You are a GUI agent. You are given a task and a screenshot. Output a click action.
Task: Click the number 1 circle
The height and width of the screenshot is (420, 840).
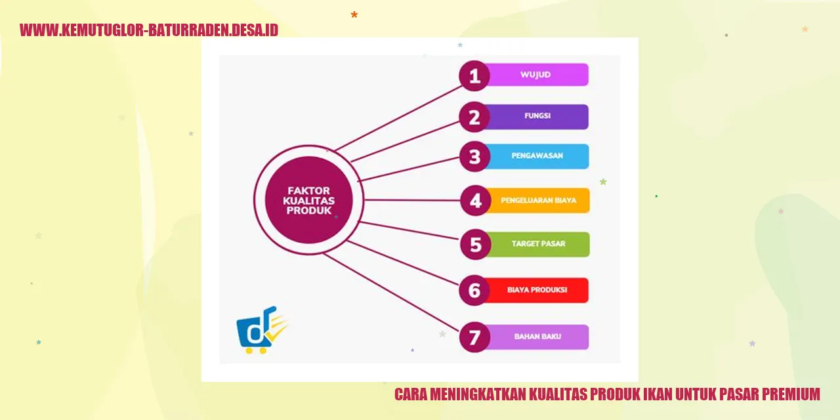[474, 75]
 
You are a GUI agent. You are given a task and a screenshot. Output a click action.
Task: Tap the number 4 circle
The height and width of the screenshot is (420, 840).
[476, 201]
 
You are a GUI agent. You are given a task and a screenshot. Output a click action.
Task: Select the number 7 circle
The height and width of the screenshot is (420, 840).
[474, 337]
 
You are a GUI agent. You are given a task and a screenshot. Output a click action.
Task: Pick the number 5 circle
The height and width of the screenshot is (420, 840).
[476, 245]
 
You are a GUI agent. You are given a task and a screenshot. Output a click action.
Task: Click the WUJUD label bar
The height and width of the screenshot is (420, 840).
[536, 75]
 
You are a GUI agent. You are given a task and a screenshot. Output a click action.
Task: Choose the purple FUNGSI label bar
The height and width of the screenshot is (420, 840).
[537, 117]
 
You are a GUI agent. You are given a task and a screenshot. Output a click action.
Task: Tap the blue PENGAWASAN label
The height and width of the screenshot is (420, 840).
[537, 157]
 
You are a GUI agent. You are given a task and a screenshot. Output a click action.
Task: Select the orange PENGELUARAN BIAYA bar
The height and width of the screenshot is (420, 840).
[538, 201]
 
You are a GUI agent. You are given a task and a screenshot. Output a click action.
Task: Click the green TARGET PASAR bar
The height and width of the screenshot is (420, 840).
[538, 244]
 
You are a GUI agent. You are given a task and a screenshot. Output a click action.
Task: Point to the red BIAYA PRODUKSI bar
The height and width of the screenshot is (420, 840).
[537, 290]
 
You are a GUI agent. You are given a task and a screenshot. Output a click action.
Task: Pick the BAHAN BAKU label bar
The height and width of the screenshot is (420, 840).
[537, 337]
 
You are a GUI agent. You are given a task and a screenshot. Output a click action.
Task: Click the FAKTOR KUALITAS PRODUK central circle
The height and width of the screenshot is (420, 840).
[308, 200]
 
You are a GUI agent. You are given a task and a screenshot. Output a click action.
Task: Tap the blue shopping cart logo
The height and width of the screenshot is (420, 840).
[260, 330]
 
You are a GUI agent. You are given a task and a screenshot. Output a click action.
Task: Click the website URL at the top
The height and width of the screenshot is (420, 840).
[149, 30]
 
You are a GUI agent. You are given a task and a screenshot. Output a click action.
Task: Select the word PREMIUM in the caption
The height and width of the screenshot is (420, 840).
[788, 394]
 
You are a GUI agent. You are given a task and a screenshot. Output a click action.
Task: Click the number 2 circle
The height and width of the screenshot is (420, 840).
[474, 117]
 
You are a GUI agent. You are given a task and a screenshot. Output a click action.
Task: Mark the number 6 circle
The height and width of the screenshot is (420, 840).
[474, 290]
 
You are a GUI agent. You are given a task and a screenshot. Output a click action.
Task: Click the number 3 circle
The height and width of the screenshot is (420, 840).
[474, 157]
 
